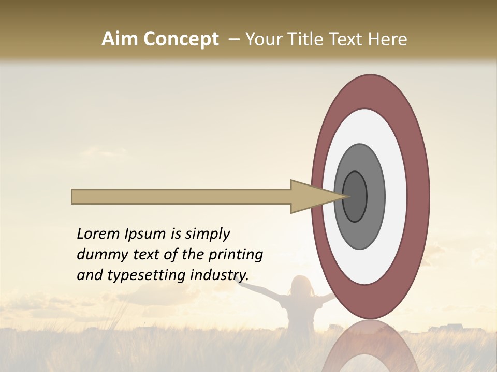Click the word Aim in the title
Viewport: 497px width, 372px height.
coord(120,39)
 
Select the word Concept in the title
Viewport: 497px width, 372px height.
coord(181,39)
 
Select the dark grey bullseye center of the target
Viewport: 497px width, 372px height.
coord(355,196)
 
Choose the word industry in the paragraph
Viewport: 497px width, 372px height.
coord(220,275)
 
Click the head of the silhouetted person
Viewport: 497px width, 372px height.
coord(301,286)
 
